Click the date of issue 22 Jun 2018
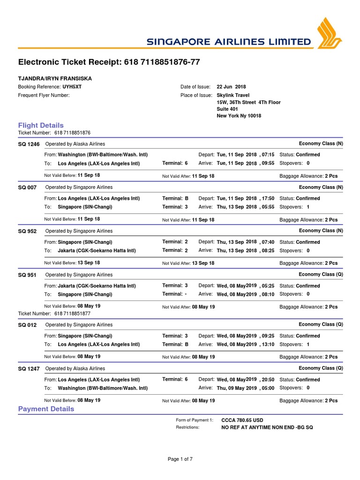point(231,87)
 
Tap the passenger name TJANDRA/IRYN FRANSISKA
point(55,78)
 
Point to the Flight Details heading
point(41,125)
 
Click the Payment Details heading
point(46,409)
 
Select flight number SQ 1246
point(29,144)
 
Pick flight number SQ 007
point(27,187)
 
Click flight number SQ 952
point(27,231)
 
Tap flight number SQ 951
point(27,275)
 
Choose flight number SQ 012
point(27,325)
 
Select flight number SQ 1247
point(29,369)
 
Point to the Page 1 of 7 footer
point(180,459)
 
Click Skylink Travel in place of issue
point(233,95)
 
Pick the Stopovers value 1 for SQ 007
point(308,207)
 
